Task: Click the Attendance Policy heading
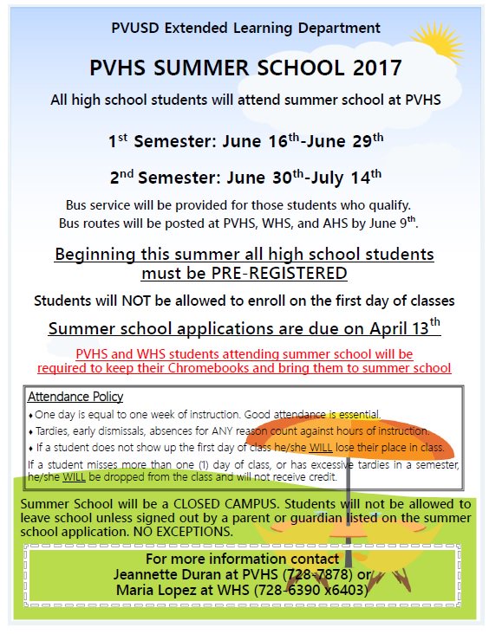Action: (x=75, y=397)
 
